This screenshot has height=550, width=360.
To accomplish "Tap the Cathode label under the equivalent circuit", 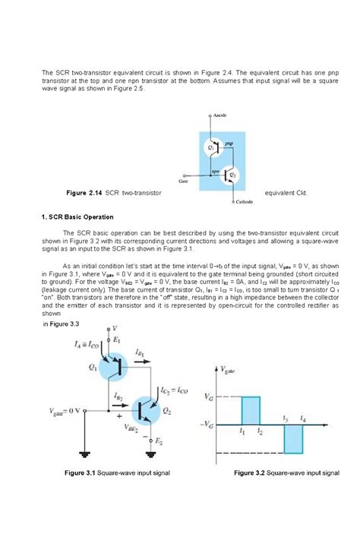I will pyautogui.click(x=245, y=202).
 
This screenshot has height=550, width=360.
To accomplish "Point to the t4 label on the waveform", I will pyautogui.click(x=304, y=418).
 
